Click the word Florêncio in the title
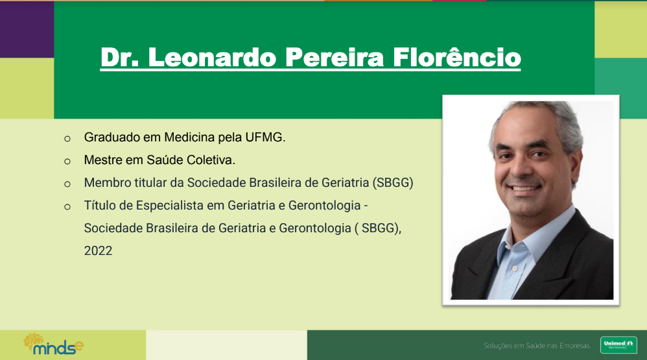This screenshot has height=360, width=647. tap(457, 57)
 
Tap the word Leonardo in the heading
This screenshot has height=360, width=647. tap(212, 57)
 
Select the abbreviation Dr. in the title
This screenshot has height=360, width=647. tap(120, 57)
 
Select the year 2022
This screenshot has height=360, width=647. tap(98, 250)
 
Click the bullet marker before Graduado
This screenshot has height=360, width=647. tap(67, 139)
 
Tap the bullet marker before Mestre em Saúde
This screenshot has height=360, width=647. tap(67, 162)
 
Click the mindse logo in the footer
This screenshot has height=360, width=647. tap(53, 344)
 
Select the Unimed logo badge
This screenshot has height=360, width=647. tap(618, 344)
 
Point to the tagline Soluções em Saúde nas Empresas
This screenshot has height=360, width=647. tap(537, 346)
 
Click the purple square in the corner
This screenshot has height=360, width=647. tap(27, 29)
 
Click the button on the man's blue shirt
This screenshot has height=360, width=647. tap(515, 269)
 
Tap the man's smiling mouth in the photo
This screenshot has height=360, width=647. tap(524, 188)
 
